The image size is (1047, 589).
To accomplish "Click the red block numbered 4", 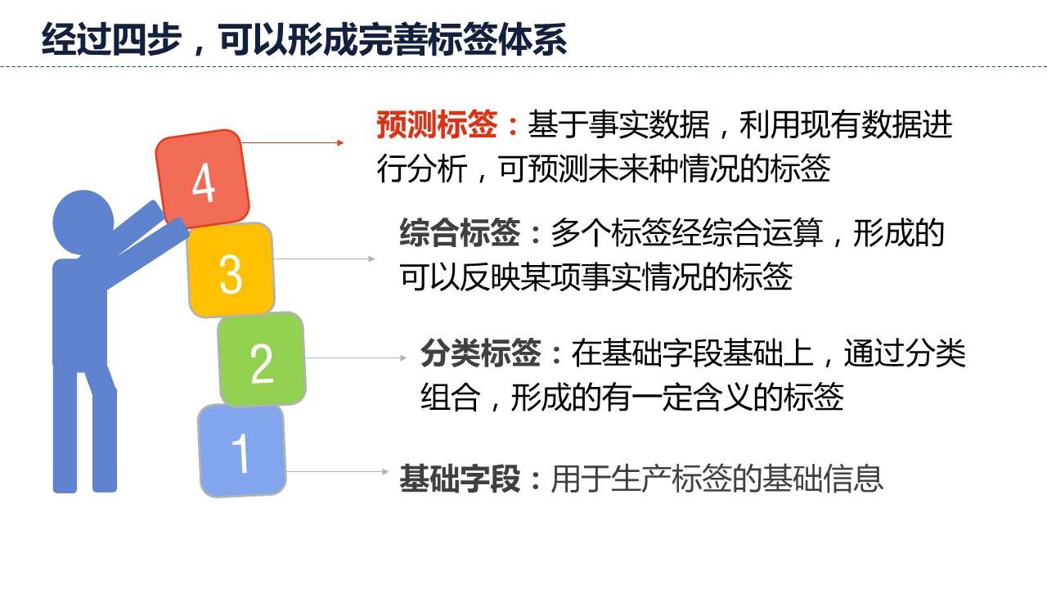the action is coord(202,178).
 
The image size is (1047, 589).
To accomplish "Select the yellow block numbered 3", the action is coord(231,270).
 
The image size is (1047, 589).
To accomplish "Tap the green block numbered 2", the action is coord(261,359).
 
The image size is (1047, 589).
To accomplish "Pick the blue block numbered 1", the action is coord(241,451).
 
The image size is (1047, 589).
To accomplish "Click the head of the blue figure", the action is coord(83,221).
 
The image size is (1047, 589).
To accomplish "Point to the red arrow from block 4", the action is coord(293,142).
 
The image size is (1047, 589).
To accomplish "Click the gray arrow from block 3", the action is coord(324,259).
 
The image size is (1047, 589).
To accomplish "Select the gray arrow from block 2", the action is coord(356,358).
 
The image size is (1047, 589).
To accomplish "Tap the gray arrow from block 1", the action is coord(337,472).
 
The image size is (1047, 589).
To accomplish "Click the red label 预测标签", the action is coord(437,125).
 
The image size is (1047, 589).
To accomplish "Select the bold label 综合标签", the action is coord(460,232).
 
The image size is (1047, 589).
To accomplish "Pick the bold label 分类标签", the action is coord(480,353).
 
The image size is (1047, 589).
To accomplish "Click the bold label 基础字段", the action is coord(460,479).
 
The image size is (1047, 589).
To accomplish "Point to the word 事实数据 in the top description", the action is coord(649,125).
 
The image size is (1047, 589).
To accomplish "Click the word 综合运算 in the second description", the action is coord(762,232).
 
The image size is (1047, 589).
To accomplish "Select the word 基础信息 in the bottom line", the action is coord(822,479).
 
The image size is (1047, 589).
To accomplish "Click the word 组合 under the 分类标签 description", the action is coord(451,397).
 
